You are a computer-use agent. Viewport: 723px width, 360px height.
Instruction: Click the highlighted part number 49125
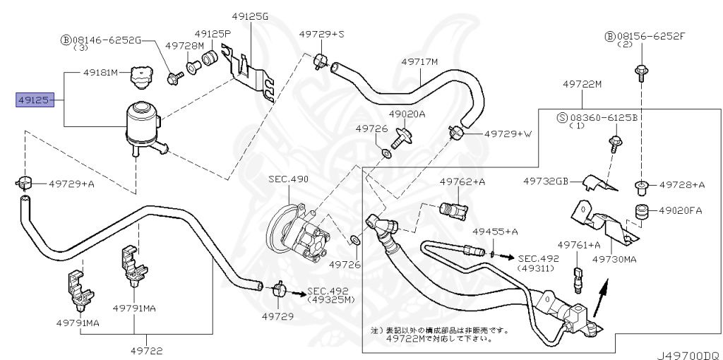coord(34,100)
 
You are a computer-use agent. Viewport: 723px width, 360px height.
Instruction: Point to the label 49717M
coord(420,61)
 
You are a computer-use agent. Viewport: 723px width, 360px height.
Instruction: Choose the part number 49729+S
coord(321,33)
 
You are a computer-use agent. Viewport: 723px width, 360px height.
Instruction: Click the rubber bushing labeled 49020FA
coord(642,210)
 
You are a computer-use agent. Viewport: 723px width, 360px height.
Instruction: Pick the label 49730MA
coord(614,260)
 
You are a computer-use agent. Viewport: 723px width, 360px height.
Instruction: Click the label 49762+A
coord(462,181)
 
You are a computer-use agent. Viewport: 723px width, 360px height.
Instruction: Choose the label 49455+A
coord(496,232)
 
